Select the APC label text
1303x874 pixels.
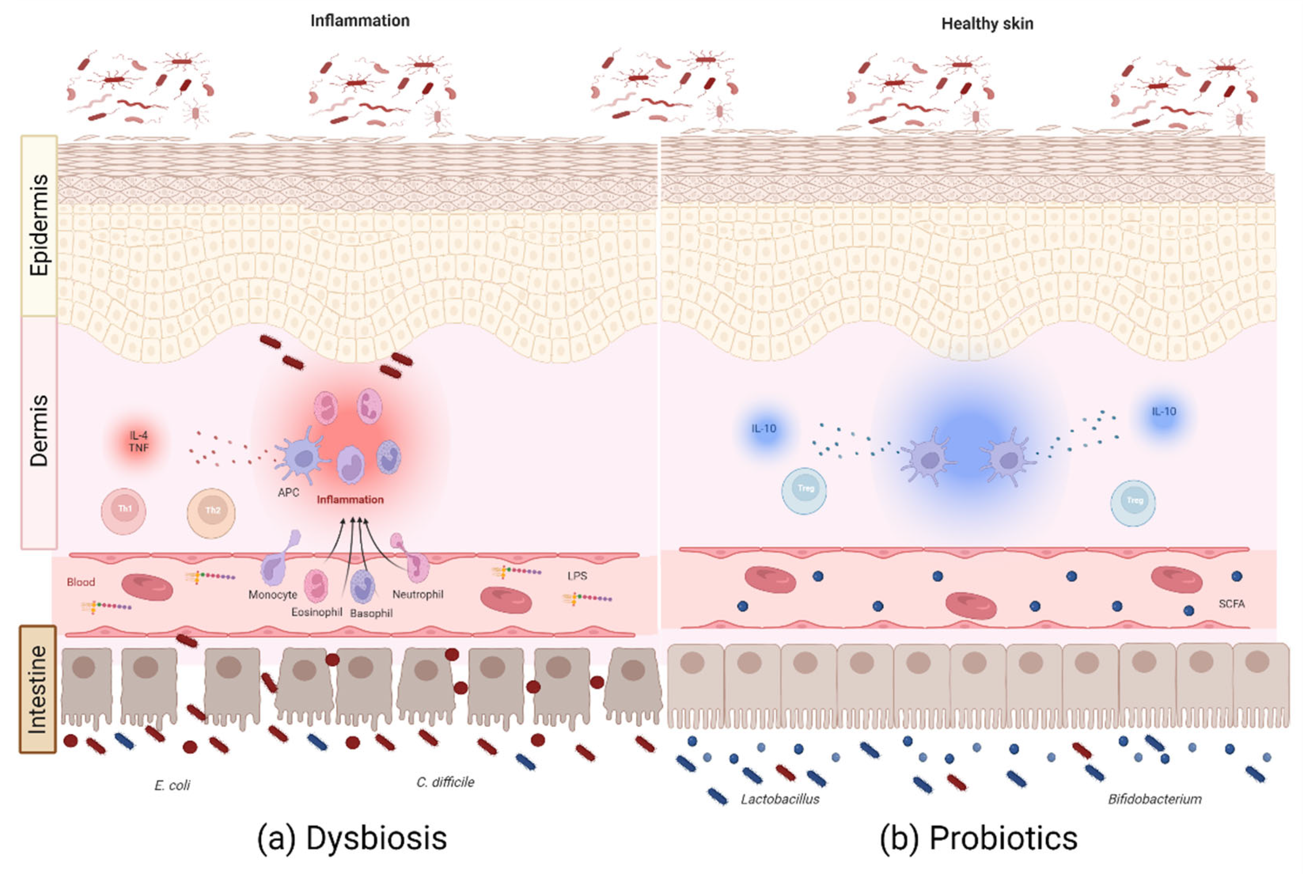[288, 493]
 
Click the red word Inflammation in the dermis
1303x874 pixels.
[350, 499]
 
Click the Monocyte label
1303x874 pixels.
[272, 595]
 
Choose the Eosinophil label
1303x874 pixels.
[316, 612]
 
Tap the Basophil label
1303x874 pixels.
[371, 613]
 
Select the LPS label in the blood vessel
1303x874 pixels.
[577, 576]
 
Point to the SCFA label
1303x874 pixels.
[1231, 604]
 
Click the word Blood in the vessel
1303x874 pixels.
[81, 582]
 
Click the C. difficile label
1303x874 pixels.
[445, 782]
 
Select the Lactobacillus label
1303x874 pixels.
[780, 799]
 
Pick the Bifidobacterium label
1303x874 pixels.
[1154, 799]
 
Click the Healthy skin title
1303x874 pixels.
[987, 24]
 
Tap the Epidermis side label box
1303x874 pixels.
[39, 225]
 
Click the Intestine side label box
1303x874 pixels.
[38, 689]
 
